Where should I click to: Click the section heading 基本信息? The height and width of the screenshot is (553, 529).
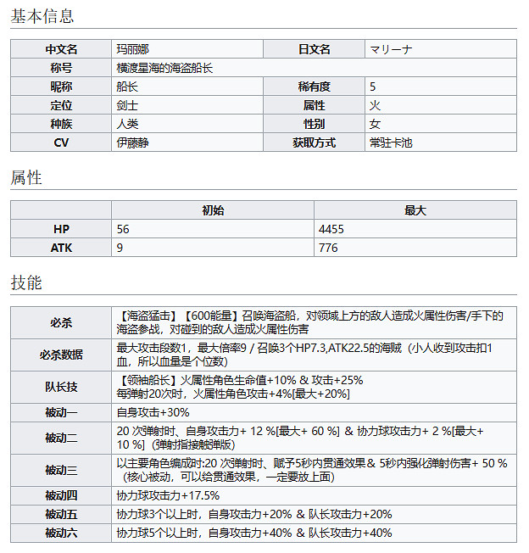(x=42, y=16)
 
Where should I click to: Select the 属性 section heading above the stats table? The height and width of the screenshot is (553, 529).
(x=26, y=178)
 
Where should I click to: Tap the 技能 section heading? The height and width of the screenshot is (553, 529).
(x=26, y=283)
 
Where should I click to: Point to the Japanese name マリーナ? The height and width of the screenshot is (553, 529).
(x=392, y=49)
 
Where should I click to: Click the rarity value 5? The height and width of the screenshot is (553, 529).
(x=373, y=87)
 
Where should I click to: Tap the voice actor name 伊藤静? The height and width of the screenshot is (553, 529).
(x=132, y=142)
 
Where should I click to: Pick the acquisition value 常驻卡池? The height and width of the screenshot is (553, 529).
(x=391, y=142)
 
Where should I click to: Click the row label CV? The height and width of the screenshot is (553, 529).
(x=61, y=142)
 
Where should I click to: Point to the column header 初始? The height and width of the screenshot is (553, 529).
(x=213, y=210)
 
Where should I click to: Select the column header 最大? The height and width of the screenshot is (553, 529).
(x=415, y=210)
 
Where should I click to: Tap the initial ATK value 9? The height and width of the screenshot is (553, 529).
(x=120, y=248)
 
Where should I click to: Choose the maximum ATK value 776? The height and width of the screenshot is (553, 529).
(x=328, y=248)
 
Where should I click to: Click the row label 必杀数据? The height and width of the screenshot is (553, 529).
(x=61, y=354)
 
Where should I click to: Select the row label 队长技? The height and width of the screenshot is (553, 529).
(x=61, y=387)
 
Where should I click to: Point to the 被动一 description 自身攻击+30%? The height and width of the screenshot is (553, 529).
(x=153, y=412)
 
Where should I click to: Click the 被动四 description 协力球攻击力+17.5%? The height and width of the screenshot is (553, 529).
(x=168, y=495)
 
